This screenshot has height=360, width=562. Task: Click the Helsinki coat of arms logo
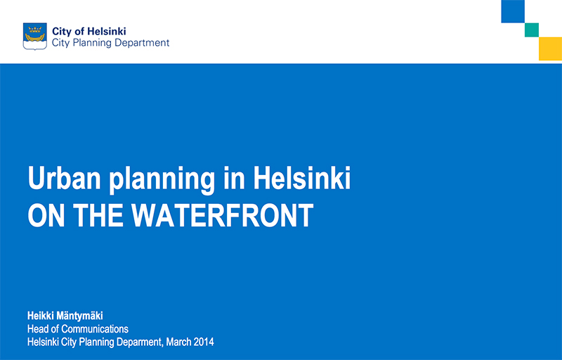tap(34, 37)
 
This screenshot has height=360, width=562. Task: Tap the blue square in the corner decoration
tap(513, 11)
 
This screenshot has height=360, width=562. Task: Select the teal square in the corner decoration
tap(532, 30)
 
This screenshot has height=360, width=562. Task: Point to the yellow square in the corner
tap(550, 49)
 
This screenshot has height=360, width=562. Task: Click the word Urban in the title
tap(64, 178)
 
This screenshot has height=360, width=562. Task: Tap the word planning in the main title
tap(162, 181)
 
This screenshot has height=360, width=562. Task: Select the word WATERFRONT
tap(222, 215)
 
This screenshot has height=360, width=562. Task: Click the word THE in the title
tap(98, 215)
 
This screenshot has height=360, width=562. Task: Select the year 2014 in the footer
tap(204, 342)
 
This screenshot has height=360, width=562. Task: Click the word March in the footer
tap(178, 342)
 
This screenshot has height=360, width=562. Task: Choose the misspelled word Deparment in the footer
tap(140, 342)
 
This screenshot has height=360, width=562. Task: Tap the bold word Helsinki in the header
tap(107, 31)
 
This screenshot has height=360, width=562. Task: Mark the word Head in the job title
tap(38, 329)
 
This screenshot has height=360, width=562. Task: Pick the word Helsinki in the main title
tap(302, 178)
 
